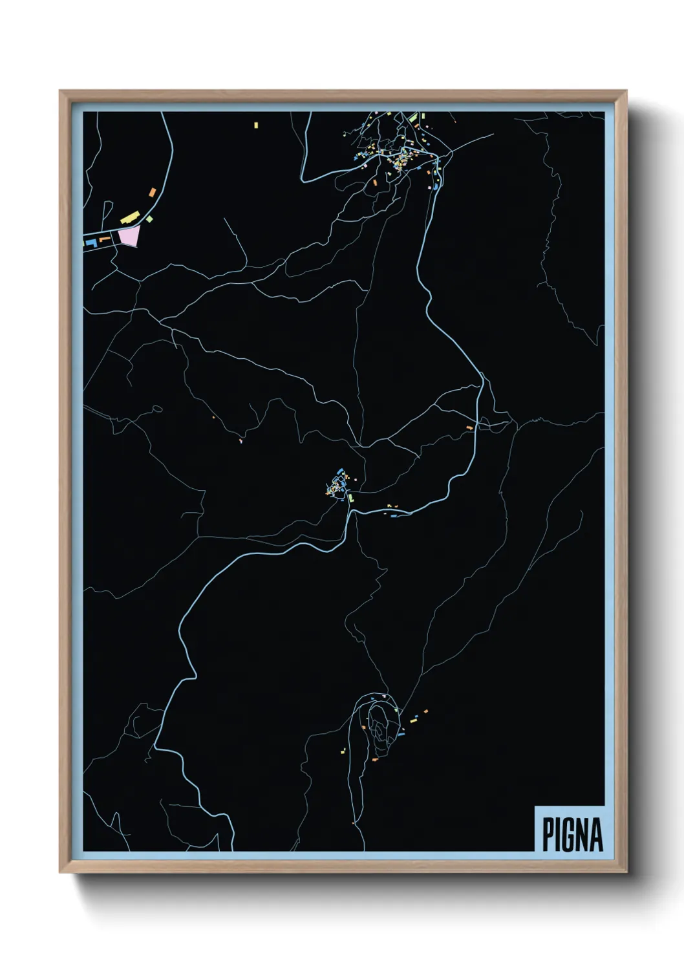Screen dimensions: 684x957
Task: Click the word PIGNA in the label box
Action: (x=572, y=834)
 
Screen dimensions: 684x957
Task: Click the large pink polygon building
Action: (x=129, y=237)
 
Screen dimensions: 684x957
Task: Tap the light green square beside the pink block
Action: (x=149, y=219)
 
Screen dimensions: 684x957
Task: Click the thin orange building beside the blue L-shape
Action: (x=104, y=239)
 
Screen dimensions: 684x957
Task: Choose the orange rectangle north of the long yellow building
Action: (x=153, y=192)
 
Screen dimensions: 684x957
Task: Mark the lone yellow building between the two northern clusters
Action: (x=256, y=124)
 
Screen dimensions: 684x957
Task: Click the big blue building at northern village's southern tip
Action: (x=437, y=186)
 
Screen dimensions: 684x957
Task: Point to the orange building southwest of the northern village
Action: (x=375, y=183)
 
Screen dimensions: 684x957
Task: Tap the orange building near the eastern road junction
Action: (x=470, y=427)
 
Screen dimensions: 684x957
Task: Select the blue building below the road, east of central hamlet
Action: (x=393, y=515)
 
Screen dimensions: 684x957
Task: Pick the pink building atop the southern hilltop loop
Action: (x=385, y=696)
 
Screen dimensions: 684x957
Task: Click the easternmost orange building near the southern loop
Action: (x=425, y=711)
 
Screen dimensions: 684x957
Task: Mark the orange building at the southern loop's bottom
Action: (x=374, y=760)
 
